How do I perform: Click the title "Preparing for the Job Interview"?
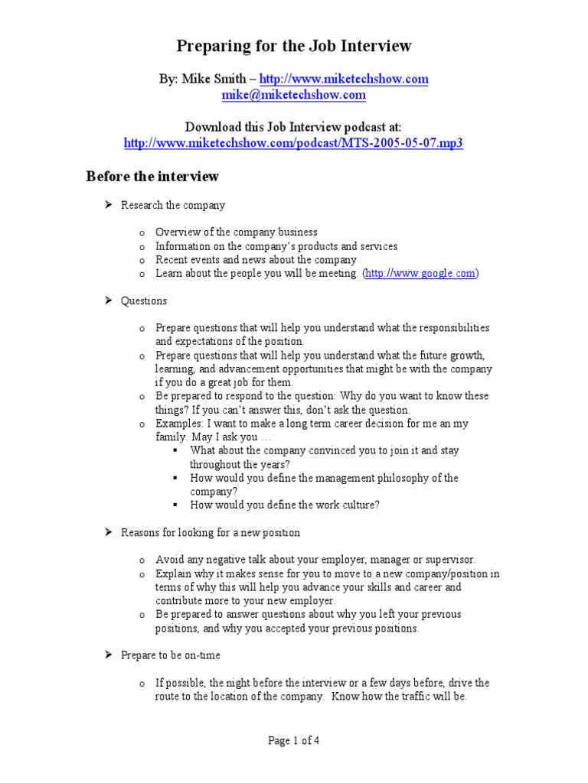(294, 47)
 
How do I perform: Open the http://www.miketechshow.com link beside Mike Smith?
(344, 80)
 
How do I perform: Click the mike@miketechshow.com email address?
(294, 96)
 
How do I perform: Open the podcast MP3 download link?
(294, 143)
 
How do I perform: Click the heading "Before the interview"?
(152, 177)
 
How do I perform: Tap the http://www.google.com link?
(421, 274)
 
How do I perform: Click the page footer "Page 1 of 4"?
(294, 740)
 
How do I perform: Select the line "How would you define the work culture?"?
(285, 505)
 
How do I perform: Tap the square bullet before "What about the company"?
(176, 451)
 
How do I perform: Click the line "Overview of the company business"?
(236, 232)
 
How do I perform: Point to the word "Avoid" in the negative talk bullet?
(169, 560)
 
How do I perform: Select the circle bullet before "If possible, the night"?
(142, 683)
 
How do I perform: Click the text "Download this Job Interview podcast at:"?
(294, 127)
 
